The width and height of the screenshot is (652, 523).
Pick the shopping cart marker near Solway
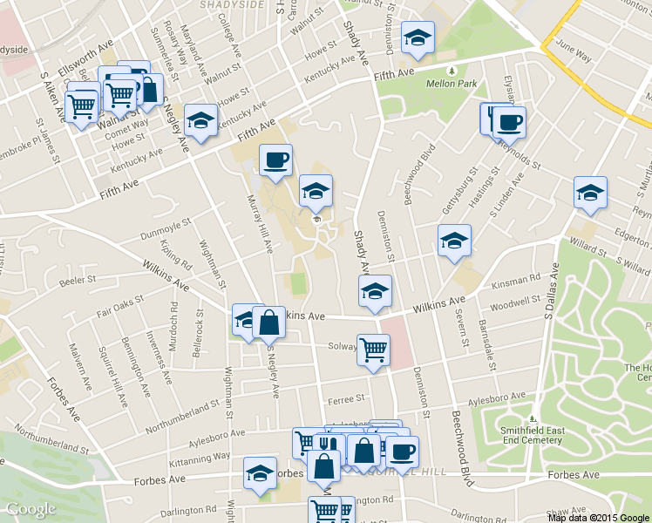(x=373, y=350)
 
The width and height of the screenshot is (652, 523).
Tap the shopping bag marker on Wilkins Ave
(x=269, y=323)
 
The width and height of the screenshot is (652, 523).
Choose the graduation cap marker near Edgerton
(x=590, y=193)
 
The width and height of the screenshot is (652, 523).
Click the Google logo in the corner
(x=31, y=509)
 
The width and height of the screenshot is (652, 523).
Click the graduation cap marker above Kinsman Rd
(x=453, y=241)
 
